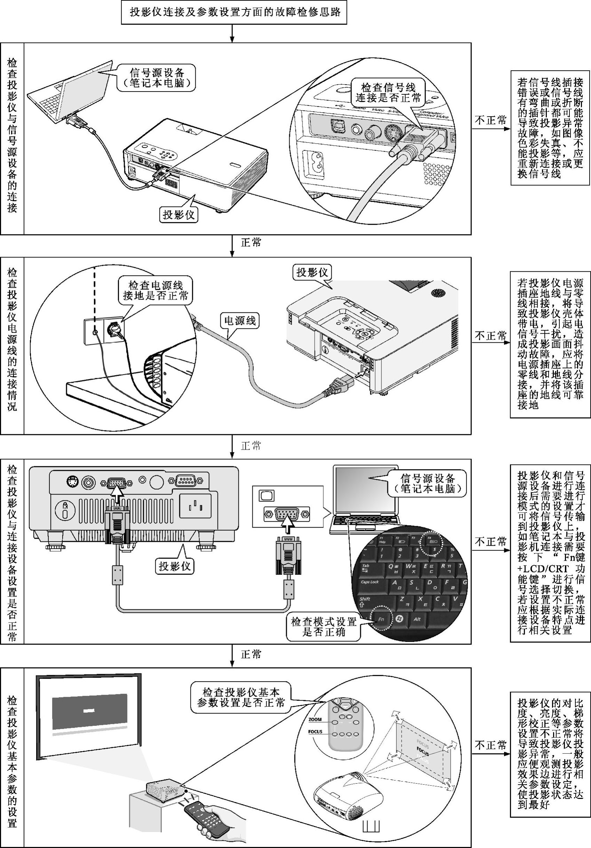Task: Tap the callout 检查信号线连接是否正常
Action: (388, 93)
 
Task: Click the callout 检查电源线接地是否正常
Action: (155, 290)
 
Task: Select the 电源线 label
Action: (240, 320)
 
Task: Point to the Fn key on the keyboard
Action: (381, 619)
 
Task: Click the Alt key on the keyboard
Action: (417, 619)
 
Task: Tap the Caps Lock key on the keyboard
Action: (370, 582)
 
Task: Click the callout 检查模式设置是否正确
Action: (324, 626)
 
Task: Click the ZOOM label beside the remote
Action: (315, 720)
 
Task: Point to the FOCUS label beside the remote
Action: (315, 732)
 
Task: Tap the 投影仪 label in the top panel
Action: (179, 214)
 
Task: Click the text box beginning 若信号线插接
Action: (550, 127)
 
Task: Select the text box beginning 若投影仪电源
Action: (550, 344)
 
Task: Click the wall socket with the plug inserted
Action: (114, 328)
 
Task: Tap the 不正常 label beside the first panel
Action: (490, 120)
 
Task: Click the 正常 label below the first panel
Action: (251, 243)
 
